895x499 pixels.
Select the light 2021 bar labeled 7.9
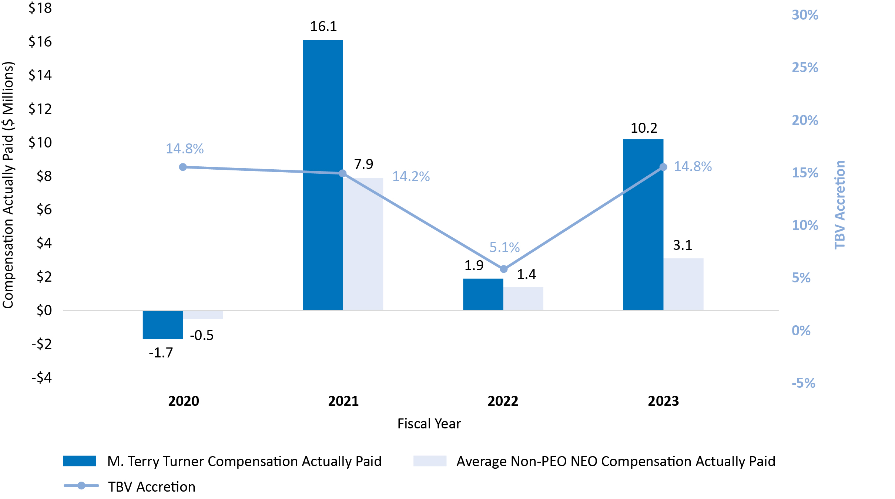pos(363,244)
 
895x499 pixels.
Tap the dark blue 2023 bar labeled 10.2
pos(643,224)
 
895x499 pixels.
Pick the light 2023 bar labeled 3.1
pos(683,284)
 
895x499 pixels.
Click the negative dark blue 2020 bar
pos(162,325)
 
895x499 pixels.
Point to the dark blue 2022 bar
pos(483,294)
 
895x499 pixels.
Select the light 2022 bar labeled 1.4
pos(523,298)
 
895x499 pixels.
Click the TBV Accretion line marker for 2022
pos(503,269)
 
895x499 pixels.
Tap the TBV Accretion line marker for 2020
pos(183,167)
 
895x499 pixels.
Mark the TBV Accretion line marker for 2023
pos(663,167)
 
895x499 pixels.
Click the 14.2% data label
pos(411,176)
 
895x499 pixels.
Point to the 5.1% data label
pos(505,247)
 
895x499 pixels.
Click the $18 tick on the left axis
pos(40,8)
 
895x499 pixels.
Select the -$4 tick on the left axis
pos(41,377)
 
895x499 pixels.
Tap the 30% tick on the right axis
pos(805,15)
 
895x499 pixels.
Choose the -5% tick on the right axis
pos(803,383)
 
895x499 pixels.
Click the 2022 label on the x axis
pos(503,401)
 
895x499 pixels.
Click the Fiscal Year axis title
pos(429,424)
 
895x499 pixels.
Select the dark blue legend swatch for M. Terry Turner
pos(80,461)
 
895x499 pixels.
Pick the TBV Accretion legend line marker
pos(81,486)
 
